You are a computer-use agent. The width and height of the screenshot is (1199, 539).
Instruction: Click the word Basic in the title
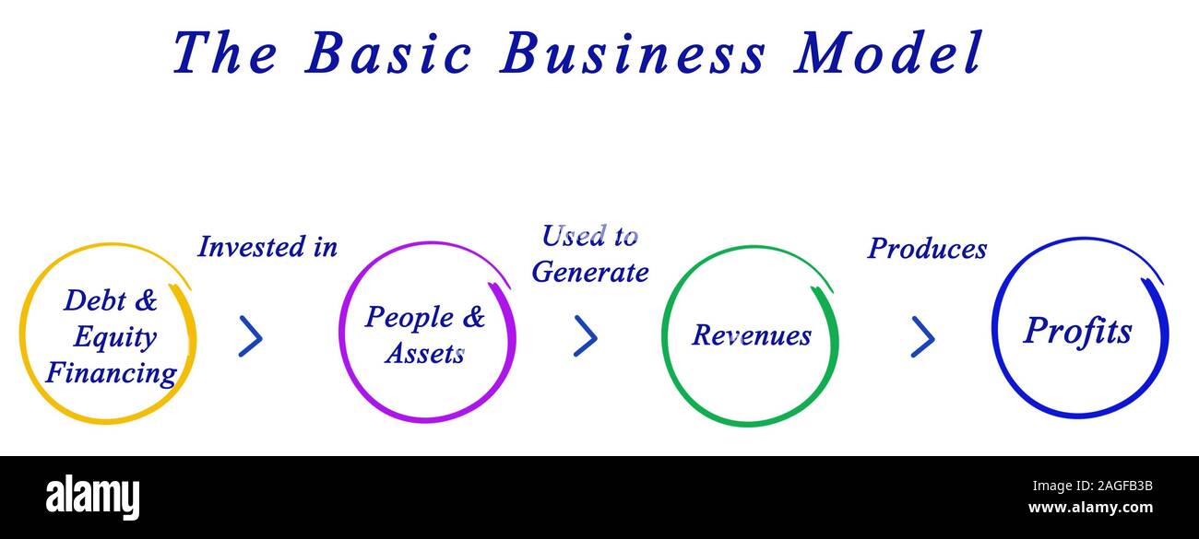pos(388,52)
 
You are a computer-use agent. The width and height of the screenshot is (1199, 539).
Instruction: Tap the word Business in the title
pos(633,52)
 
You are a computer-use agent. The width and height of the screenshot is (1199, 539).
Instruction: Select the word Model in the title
pos(888,52)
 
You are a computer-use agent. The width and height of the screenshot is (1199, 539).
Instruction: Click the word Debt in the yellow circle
pos(95,300)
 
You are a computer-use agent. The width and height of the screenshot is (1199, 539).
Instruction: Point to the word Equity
pos(115,337)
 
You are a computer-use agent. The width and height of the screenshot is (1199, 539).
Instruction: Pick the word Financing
pos(112,373)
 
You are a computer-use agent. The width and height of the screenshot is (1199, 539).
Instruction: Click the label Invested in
pos(267,247)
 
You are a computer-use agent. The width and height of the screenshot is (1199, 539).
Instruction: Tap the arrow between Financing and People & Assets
pos(251,336)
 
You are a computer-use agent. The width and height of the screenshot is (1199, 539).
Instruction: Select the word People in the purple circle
pos(410,318)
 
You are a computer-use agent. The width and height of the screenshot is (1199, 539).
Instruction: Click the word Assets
pos(424,354)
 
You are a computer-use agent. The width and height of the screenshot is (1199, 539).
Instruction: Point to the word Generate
pos(590,272)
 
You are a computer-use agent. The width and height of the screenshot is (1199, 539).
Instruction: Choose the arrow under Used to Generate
pos(585,335)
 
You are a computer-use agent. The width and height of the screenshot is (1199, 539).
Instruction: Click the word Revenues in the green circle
pos(752,335)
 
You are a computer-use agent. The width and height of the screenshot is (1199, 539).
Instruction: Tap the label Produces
pos(927,249)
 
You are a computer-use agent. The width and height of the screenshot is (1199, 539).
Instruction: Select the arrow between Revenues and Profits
pos(923,337)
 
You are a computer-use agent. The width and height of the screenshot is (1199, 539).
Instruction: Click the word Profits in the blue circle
pos(1077,332)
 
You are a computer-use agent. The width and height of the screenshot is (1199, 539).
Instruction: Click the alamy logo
pos(92,498)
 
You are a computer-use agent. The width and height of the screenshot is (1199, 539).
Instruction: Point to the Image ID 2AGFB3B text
pos(1092,486)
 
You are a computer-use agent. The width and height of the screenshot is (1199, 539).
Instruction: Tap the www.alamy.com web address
pos(1090,508)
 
